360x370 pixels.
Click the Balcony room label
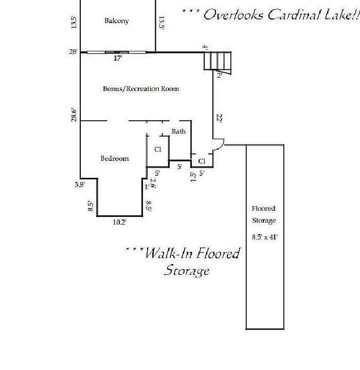[116, 21]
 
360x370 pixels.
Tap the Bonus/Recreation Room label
[141, 89]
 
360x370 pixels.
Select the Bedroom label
[114, 159]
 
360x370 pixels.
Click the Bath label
[178, 132]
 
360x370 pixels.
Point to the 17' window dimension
[118, 59]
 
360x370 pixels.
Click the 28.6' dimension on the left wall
[74, 115]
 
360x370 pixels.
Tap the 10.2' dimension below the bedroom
[119, 223]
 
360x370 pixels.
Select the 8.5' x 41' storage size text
[264, 237]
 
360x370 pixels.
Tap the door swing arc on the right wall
[219, 144]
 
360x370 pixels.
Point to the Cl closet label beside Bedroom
[158, 150]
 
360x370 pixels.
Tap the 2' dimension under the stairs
[219, 76]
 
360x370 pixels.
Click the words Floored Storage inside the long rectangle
[264, 214]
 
